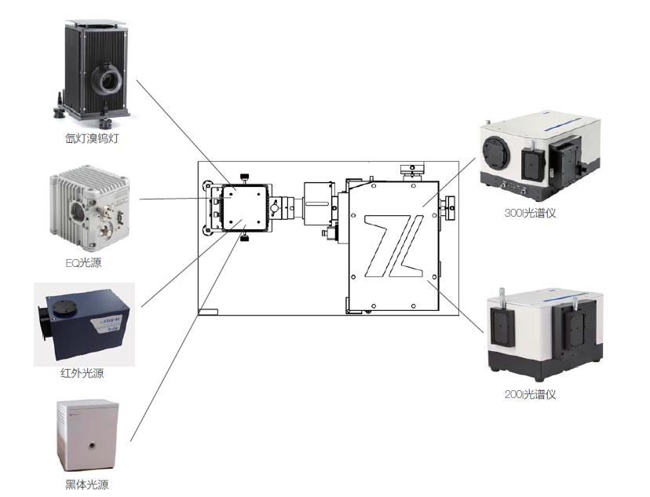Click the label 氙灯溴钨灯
point(93,139)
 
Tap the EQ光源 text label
point(83,263)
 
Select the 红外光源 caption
point(82,374)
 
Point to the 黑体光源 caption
point(86,485)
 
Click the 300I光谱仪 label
point(531,212)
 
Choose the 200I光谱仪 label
point(531,394)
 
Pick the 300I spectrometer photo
point(539,157)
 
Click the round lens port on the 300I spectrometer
point(495,152)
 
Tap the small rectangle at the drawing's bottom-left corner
point(208,312)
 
